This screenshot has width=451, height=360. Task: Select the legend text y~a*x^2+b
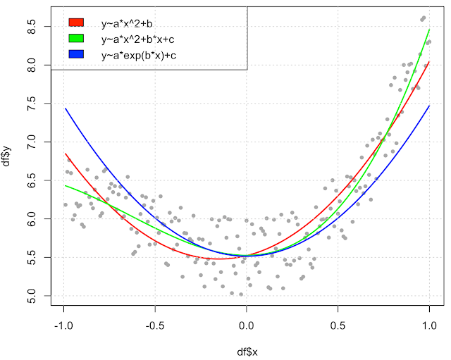point(132,24)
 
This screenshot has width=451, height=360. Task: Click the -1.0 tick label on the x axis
point(63,325)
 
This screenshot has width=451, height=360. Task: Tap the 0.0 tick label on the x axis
point(247,325)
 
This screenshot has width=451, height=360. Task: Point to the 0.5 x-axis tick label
point(338,325)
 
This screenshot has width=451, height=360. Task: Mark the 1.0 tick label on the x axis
point(430,325)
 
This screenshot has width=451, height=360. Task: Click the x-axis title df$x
point(247,351)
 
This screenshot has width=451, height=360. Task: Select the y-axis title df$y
point(7,161)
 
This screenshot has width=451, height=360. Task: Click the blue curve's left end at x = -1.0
point(65,108)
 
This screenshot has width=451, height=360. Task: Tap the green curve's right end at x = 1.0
point(429,30)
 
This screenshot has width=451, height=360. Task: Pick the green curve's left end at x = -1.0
point(65,186)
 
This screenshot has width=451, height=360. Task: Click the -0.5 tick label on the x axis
point(155,325)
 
